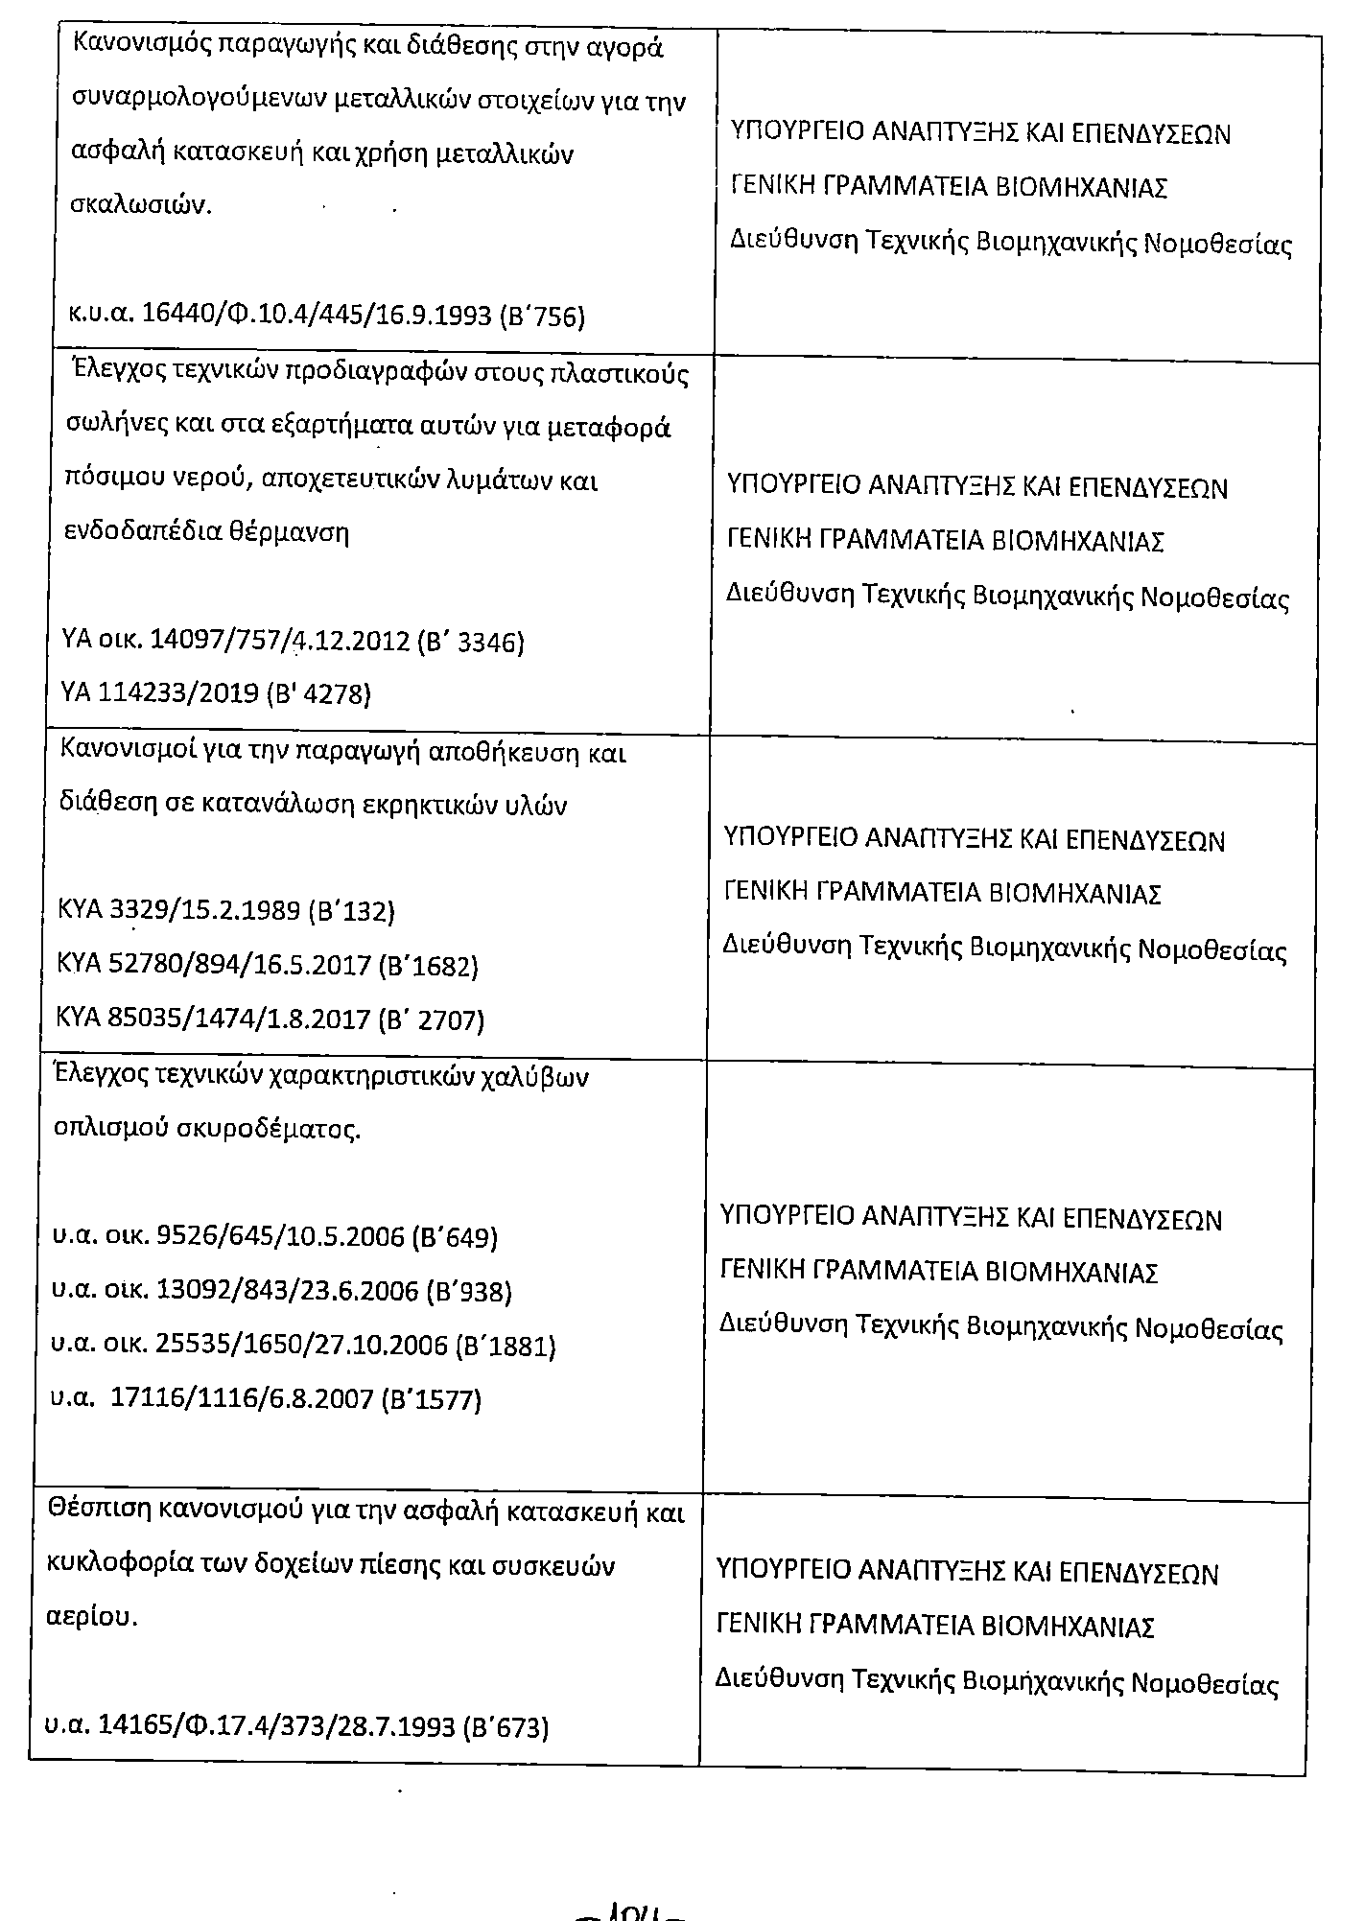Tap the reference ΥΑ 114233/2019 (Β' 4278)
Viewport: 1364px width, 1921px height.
215,692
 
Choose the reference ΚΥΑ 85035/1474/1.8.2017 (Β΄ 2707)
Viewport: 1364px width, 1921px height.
271,1019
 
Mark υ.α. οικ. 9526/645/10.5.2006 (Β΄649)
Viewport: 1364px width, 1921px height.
274,1237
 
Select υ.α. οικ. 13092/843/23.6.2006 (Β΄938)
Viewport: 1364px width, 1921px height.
281,1292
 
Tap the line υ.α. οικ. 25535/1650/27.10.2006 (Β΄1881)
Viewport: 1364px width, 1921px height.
303,1346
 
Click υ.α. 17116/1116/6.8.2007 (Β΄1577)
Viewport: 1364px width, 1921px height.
266,1400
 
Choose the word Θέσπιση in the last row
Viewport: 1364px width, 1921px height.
96,1512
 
